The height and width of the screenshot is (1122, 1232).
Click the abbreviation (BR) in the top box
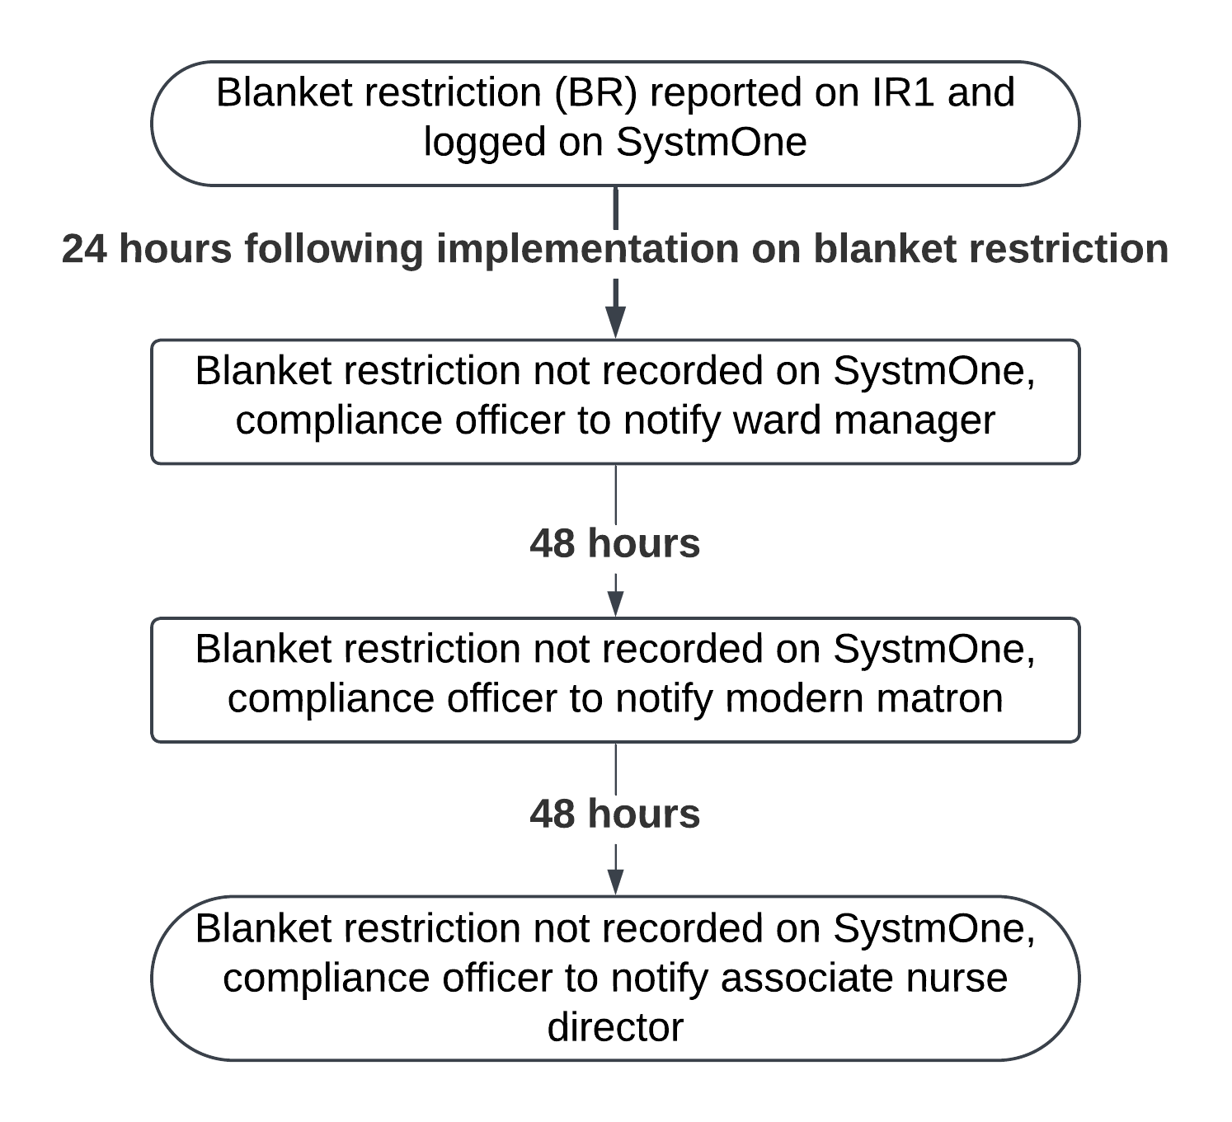click(595, 93)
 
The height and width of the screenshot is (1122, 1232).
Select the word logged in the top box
click(485, 143)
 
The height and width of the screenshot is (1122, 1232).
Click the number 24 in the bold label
click(84, 249)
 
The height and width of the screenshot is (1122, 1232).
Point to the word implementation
click(588, 250)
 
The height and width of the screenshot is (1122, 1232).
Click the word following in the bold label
click(334, 250)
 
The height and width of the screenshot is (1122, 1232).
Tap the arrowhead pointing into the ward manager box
click(615, 322)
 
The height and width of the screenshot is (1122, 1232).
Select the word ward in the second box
click(778, 420)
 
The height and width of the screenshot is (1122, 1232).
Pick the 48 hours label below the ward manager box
click(615, 543)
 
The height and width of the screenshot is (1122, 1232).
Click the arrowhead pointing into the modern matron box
click(615, 603)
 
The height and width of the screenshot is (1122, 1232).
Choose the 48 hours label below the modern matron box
click(615, 814)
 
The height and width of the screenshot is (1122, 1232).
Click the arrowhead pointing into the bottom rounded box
click(615, 882)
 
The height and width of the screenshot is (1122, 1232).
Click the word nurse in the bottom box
click(957, 979)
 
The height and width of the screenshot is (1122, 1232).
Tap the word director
click(615, 1027)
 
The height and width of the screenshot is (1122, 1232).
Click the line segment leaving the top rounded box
click(615, 209)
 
